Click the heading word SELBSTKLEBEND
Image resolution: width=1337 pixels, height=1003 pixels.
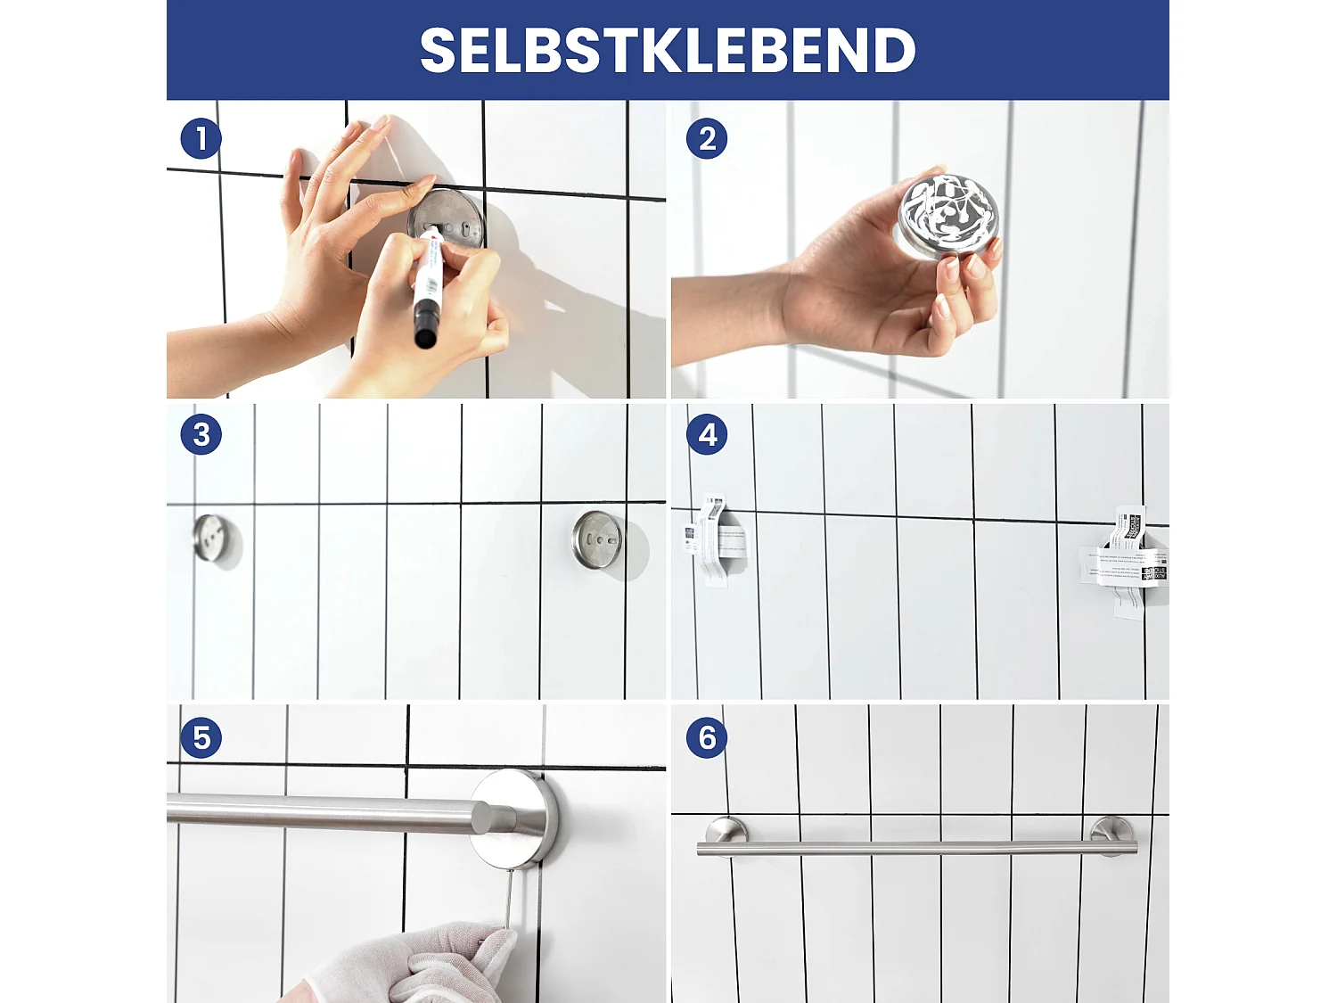coord(668,51)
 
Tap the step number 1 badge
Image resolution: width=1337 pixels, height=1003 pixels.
coord(201,139)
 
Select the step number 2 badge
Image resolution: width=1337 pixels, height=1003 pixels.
coord(707,139)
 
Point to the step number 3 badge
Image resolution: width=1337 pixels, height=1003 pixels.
coord(201,435)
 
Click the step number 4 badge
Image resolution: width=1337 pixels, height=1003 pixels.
coord(707,435)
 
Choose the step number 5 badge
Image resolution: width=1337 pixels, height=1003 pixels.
coord(201,738)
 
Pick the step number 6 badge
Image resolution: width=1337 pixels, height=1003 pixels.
coord(707,738)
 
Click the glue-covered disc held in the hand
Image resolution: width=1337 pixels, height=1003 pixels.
coord(948,215)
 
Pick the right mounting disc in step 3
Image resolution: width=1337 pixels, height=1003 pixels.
coord(597,539)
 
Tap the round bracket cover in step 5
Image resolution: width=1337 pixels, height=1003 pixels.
coord(514,818)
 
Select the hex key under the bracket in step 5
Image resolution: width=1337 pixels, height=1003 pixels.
coord(508,900)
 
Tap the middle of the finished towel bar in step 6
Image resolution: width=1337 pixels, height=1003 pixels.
coord(918,847)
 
